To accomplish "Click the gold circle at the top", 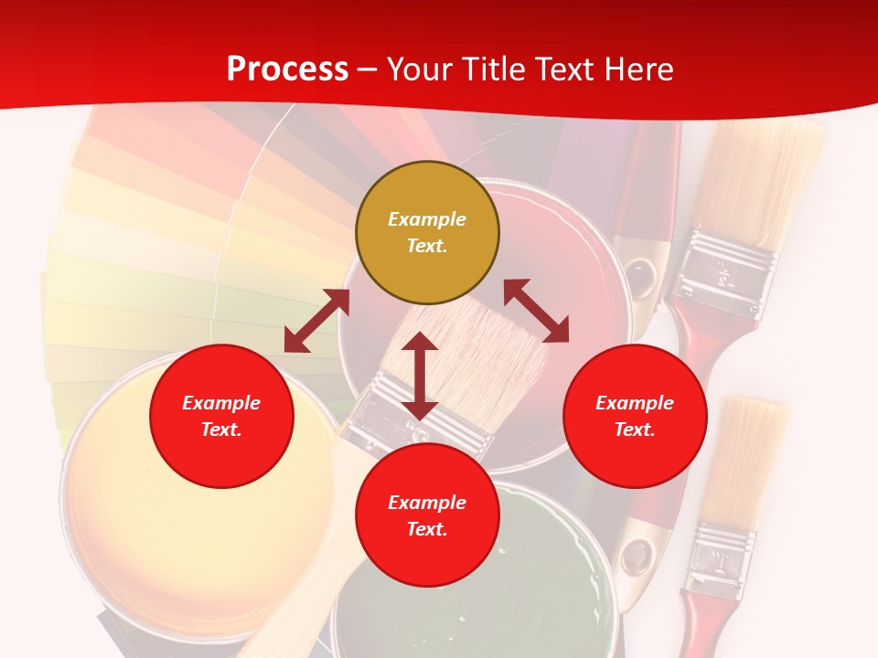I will pyautogui.click(x=427, y=232).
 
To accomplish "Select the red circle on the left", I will pyautogui.click(x=221, y=416).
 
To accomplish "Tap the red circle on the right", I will pyautogui.click(x=635, y=416).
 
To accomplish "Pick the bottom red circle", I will pyautogui.click(x=427, y=515).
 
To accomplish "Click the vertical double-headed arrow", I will pyautogui.click(x=420, y=376).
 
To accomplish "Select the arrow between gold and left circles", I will pyautogui.click(x=316, y=321).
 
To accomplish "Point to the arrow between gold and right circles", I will pyautogui.click(x=536, y=311).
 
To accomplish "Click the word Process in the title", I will pyautogui.click(x=287, y=69).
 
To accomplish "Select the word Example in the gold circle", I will pyautogui.click(x=427, y=219).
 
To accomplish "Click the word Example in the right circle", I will pyautogui.click(x=635, y=403).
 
